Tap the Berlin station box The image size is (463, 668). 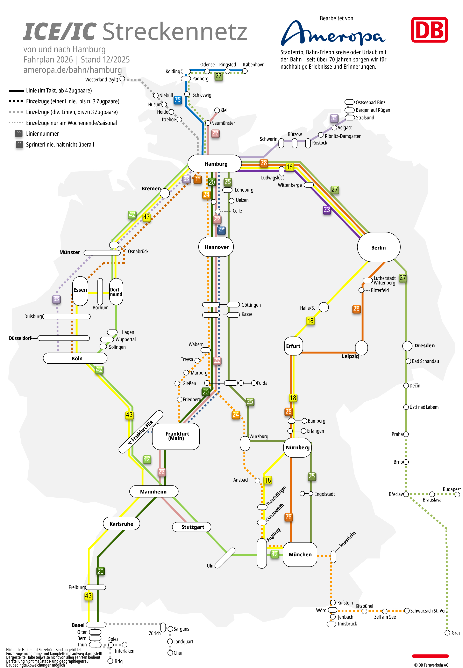pos(379,247)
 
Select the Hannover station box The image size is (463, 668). pos(216,247)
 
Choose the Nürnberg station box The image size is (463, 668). pos(297,447)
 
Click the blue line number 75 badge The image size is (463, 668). pos(178,100)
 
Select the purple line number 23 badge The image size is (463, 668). pos(327,209)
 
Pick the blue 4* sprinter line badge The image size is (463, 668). pos(221,230)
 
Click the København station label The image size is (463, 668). pos(254,65)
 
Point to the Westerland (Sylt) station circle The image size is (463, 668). pos(122,79)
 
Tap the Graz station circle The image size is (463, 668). pos(447,632)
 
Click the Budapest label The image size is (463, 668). pos(451,489)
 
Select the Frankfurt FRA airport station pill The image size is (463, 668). pos(141,432)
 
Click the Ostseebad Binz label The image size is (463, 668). pos(370,103)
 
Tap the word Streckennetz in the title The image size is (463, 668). pos(175,32)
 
